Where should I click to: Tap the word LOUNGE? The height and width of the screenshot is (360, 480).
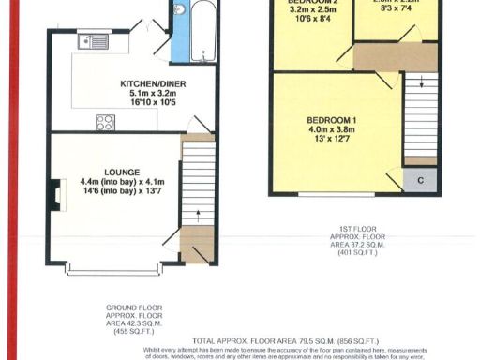[x=123, y=172]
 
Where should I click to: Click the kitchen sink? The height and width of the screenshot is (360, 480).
[x=96, y=40]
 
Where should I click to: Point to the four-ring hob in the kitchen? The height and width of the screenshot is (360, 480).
[x=105, y=122]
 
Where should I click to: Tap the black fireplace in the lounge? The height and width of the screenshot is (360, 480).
[x=58, y=194]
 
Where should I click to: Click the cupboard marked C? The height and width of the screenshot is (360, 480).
[x=420, y=179]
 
